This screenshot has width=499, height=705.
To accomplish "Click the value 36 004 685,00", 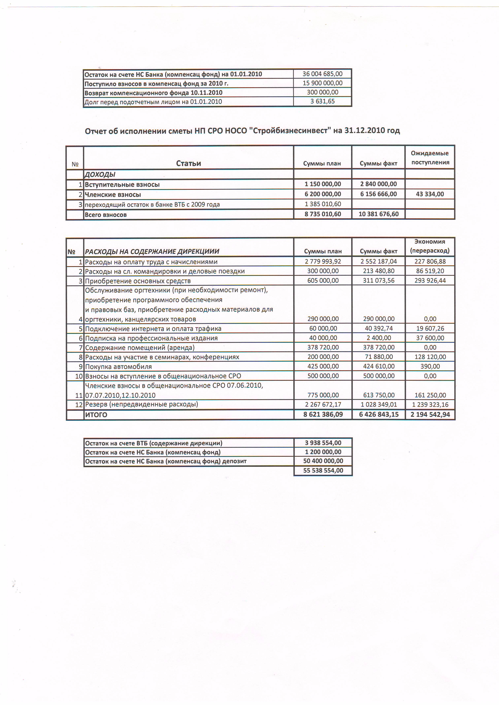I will click(x=322, y=74).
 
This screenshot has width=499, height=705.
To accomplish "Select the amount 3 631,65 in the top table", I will click(x=322, y=101).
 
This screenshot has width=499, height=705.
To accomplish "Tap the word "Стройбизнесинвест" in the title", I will click(x=290, y=131).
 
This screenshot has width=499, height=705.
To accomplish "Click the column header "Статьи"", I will click(x=188, y=163).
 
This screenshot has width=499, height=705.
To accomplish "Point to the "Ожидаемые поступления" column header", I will click(x=430, y=158).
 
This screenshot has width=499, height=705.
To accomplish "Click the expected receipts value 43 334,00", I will click(x=430, y=194).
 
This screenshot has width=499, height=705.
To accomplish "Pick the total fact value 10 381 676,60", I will click(x=378, y=214).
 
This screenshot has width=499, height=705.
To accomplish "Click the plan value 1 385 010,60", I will click(x=323, y=204).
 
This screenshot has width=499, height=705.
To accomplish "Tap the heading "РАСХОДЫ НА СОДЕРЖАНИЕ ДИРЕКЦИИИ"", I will click(x=152, y=251).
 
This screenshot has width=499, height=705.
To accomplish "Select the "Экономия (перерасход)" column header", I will click(x=430, y=246).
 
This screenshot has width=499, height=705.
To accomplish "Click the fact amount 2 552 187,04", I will click(x=378, y=261).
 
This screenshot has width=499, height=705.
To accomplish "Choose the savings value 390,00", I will click(x=430, y=366).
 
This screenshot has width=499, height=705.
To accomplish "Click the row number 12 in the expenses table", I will click(x=79, y=405).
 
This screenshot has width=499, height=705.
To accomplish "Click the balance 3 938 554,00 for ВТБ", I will click(x=323, y=443).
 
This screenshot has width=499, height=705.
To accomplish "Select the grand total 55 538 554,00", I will click(x=323, y=470).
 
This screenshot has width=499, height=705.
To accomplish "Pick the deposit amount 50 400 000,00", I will click(x=323, y=461).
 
